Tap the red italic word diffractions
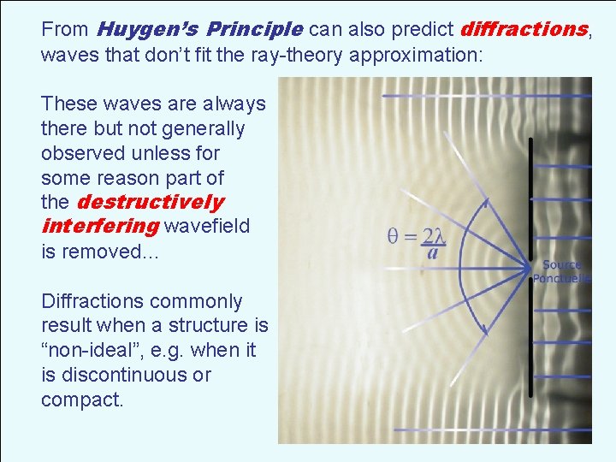(524, 30)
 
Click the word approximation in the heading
(418, 56)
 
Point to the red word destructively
(150, 203)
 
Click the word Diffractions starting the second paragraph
(92, 302)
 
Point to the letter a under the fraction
(434, 253)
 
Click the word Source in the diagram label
(561, 265)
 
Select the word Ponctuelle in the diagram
(561, 278)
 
